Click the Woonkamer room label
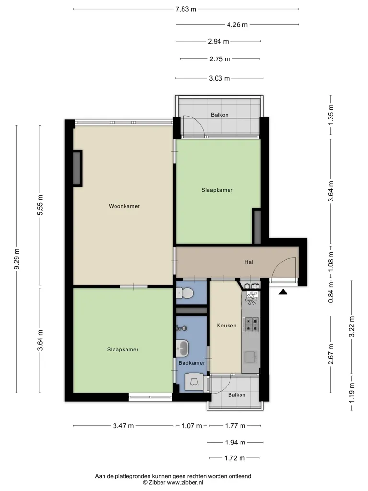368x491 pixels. click(124, 206)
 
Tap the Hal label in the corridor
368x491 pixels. click(249, 262)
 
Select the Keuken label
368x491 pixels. click(227, 326)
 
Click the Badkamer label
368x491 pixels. click(192, 363)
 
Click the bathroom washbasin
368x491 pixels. click(183, 348)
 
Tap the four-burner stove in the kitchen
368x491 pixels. click(252, 325)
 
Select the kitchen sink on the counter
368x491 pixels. click(251, 357)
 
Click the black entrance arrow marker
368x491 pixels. click(283, 292)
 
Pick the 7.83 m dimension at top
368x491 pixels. click(186, 9)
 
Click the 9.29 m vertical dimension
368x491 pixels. click(17, 259)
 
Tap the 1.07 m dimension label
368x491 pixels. click(192, 426)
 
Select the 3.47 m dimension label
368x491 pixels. click(123, 426)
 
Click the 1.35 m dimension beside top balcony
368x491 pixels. click(331, 115)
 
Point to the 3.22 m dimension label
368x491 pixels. click(352, 327)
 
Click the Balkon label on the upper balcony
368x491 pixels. click(219, 115)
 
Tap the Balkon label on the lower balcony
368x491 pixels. click(237, 395)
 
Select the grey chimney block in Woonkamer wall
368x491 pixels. click(77, 168)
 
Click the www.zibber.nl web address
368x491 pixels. click(185, 482)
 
